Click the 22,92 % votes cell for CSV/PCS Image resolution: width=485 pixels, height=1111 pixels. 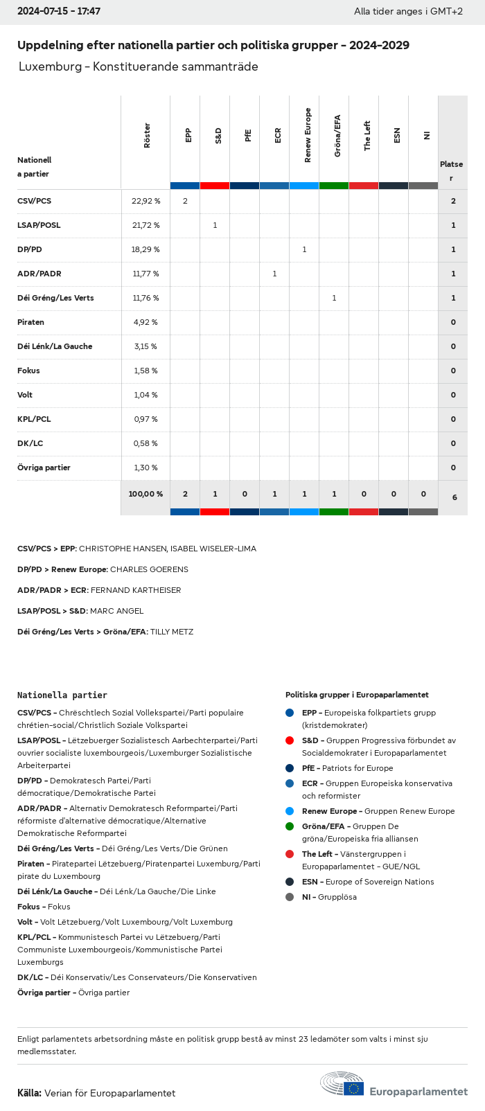pos(145,201)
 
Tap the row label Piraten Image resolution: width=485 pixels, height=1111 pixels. pos(30,322)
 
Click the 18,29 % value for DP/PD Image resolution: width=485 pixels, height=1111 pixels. pos(145,249)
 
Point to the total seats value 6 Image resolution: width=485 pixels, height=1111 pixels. pos(454,497)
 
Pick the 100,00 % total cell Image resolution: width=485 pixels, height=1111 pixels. pos(145,494)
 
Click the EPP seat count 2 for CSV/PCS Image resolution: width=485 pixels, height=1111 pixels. pos(185,201)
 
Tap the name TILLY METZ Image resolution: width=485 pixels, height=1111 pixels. pos(172,632)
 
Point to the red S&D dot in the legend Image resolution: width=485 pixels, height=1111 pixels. pos(290,740)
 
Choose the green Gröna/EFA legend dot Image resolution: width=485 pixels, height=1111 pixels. pos(290,826)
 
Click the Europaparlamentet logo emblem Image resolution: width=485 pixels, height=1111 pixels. pos(342,1085)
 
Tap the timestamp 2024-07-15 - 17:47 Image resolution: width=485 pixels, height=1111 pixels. pos(59,12)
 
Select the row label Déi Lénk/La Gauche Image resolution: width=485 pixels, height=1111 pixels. pos(55,346)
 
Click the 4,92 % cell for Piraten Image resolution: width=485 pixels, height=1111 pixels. pos(145,322)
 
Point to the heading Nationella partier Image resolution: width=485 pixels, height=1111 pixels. pos(62,695)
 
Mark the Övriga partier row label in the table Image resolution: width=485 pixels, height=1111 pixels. pos(44,468)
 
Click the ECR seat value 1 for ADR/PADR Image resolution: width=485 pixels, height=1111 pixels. pos(274,274)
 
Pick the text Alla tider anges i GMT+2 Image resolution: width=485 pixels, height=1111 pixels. pos(408,12)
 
